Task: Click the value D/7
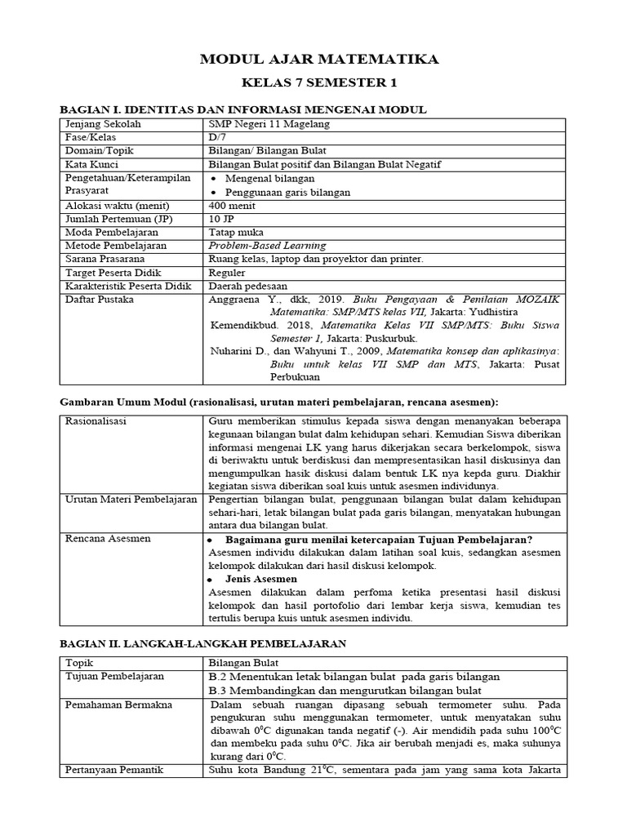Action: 216,137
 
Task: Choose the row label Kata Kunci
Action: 91,164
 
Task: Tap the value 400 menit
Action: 233,206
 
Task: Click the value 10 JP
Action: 221,219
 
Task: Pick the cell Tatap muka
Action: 236,232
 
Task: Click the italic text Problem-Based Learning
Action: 267,245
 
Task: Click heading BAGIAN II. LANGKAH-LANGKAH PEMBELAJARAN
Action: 203,643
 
